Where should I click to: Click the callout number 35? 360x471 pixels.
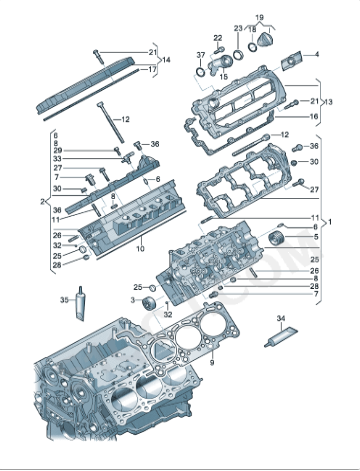click(63, 298)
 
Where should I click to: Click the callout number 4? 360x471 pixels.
click(317, 54)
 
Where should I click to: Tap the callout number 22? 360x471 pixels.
click(219, 38)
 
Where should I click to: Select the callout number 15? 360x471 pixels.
click(223, 76)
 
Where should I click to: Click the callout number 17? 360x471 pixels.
click(153, 70)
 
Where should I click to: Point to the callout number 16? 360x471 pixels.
click(316, 116)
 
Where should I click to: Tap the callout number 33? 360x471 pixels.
click(56, 160)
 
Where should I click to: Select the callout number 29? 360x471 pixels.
click(56, 151)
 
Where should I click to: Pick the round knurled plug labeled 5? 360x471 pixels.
click(293, 238)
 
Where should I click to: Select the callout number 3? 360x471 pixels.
click(130, 299)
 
